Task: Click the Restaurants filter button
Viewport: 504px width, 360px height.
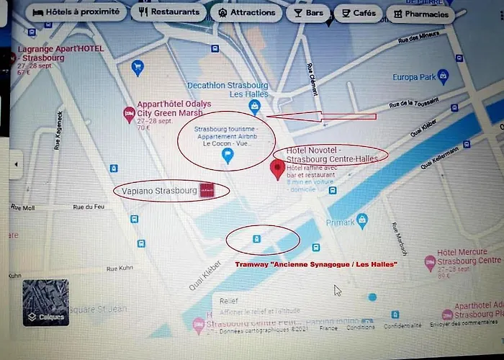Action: tap(169, 12)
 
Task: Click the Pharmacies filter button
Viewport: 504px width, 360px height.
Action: tap(420, 14)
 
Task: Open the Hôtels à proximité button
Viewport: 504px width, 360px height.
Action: tap(77, 13)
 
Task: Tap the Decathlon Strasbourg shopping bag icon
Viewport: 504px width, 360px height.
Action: tap(254, 107)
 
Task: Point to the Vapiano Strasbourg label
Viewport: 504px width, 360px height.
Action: tap(156, 191)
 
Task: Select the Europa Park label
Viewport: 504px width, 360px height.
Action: tap(415, 77)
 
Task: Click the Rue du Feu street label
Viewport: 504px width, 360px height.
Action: tap(89, 207)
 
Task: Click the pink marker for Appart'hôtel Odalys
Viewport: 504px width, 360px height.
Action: tap(129, 112)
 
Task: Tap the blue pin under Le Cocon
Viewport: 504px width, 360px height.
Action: tap(228, 156)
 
